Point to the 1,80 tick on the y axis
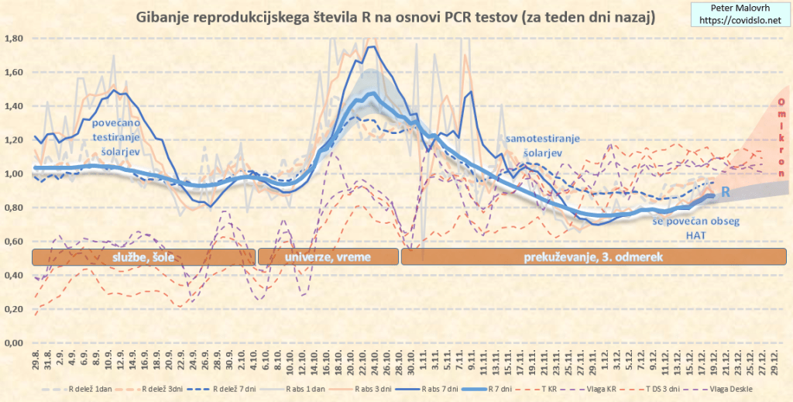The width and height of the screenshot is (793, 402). click(15, 39)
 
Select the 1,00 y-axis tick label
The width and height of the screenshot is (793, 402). click(15, 174)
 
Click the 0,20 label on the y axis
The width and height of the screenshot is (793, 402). click(15, 309)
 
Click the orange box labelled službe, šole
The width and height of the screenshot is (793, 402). click(143, 257)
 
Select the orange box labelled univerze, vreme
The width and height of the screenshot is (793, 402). click(327, 257)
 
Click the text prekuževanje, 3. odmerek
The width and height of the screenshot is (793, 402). click(592, 257)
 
